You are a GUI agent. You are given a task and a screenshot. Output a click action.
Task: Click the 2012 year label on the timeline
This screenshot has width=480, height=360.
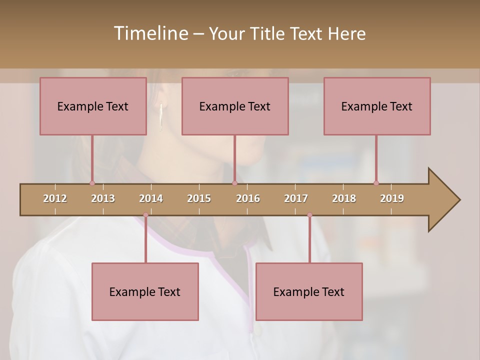point(55,198)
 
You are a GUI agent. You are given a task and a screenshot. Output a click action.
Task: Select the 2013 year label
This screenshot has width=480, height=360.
point(103,198)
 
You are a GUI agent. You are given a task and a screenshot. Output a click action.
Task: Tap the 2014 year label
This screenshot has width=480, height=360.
point(151,198)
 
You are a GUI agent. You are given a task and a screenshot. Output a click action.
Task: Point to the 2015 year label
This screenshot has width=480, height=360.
point(199,198)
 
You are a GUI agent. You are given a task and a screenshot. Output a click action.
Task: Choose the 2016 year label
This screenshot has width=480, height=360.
point(248,198)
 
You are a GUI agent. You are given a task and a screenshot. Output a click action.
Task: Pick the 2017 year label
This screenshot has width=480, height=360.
point(296,198)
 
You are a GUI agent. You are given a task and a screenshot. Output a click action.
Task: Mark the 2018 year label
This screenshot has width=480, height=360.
point(344,198)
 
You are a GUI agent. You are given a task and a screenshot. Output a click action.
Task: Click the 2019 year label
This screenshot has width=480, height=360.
point(392,198)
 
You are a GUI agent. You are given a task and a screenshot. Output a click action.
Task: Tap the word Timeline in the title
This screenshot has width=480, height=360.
point(150,33)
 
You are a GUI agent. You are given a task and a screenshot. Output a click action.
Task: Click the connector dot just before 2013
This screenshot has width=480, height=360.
point(92,183)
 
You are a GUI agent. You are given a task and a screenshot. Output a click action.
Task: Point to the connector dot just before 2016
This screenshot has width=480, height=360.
point(234,183)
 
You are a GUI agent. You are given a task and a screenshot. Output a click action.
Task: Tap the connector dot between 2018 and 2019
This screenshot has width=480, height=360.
point(376,183)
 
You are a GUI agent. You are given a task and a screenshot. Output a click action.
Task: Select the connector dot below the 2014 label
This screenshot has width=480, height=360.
point(145,215)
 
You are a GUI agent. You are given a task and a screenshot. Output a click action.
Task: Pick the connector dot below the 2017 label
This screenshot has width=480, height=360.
point(309,215)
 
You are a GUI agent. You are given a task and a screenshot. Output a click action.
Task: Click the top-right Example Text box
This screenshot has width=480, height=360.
point(377,106)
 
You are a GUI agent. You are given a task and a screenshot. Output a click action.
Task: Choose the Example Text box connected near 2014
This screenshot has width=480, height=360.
point(145,291)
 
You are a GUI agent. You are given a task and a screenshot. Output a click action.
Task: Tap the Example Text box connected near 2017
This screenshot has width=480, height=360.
point(309,291)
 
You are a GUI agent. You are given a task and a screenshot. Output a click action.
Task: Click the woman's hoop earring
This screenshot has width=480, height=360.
point(161,118)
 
